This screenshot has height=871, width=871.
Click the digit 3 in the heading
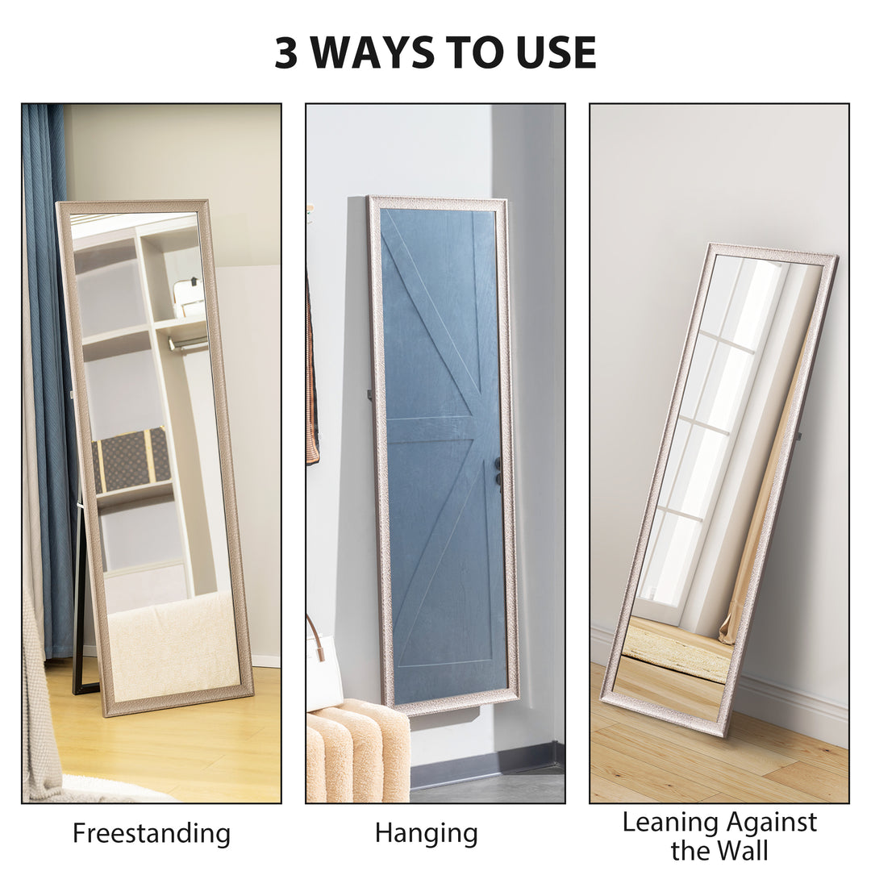coord(286,53)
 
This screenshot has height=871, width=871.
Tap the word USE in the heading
coord(556,53)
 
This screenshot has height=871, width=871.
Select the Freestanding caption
coord(152,833)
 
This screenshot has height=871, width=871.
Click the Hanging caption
coord(426,833)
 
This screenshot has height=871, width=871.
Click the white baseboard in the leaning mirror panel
coord(790,710)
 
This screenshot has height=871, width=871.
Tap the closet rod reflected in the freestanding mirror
coord(188,344)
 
